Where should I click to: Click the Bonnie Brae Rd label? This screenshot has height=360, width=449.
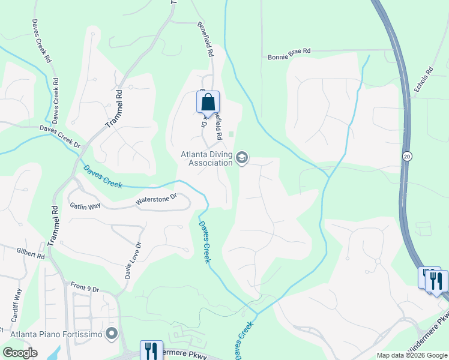[289, 52]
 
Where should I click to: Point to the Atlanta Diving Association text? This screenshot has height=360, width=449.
[207, 158]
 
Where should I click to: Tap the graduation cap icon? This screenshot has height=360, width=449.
[242, 158]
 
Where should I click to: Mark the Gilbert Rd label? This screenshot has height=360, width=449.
[31, 253]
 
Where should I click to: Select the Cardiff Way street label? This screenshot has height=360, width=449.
[16, 307]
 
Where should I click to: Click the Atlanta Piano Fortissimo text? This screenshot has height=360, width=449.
[56, 333]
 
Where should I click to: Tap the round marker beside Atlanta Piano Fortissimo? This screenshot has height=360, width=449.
[111, 333]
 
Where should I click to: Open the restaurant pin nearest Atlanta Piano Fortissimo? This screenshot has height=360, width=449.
[151, 350]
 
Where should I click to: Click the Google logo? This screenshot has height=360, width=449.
[20, 353]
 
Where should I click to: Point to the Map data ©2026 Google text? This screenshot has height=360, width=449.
[412, 355]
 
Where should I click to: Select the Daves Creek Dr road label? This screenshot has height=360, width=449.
[60, 136]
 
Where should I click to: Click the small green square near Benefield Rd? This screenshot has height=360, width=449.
[231, 134]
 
